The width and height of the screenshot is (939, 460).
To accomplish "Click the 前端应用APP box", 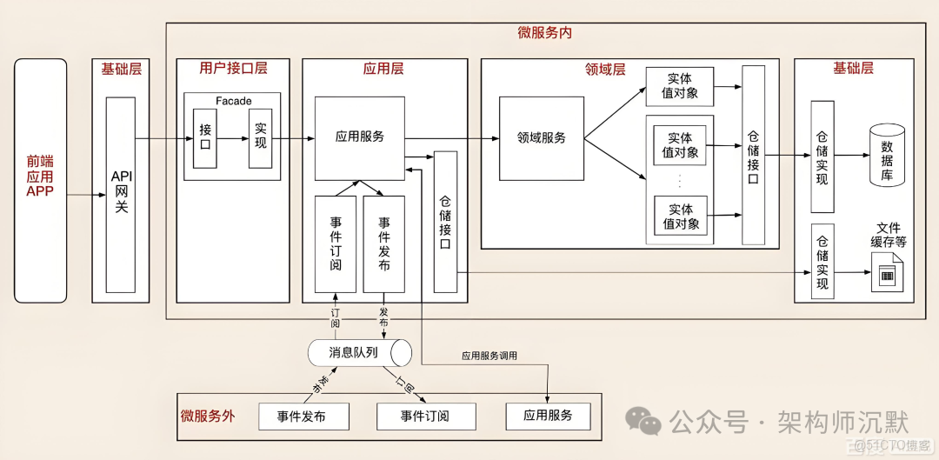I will point(40,180).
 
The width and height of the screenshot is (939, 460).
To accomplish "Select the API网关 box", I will point(121,194).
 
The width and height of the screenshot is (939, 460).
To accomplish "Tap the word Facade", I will point(233,101).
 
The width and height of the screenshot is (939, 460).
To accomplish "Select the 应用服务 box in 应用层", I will point(359,137).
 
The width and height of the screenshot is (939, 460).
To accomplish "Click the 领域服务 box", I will point(541,138).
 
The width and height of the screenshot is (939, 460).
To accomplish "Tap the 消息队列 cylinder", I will point(359,353).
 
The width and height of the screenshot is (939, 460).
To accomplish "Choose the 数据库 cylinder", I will point(887,156).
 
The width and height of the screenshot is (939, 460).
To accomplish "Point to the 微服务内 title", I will point(544,32).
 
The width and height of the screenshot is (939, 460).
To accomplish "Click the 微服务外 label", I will point(207,416).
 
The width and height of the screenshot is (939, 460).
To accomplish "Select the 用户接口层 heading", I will point(232,68).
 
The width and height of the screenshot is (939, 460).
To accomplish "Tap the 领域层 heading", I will point(605,69).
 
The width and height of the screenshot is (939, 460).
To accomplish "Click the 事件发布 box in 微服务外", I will point(303,417).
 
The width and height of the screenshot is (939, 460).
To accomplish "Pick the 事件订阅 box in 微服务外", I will point(426,417).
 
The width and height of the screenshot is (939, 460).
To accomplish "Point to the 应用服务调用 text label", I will point(489,356).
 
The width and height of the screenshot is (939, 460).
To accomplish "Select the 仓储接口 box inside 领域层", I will point(753,155).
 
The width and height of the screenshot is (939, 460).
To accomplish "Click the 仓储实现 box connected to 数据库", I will point(822,157).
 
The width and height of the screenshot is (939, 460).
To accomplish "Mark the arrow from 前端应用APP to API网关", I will point(80,195).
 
